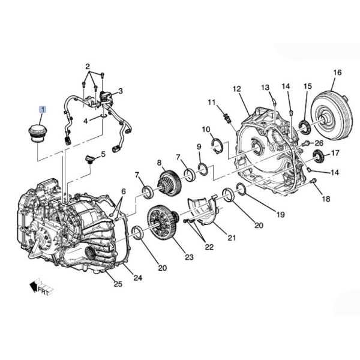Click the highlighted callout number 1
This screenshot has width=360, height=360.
click(43, 110)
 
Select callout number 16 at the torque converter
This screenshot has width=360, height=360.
click(337, 73)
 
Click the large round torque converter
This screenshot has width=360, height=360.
click(331, 120)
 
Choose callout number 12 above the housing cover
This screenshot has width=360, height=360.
click(236, 89)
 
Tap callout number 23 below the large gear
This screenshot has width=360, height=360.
click(189, 257)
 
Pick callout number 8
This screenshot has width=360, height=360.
click(160, 163)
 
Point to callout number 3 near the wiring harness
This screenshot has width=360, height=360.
click(120, 91)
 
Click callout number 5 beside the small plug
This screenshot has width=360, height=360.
click(103, 154)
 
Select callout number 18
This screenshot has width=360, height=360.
click(326, 199)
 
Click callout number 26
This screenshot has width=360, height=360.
click(319, 143)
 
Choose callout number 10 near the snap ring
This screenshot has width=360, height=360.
click(206, 130)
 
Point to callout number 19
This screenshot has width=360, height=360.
click(280, 214)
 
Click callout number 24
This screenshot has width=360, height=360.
click(137, 277)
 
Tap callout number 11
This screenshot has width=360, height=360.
click(211, 103)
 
